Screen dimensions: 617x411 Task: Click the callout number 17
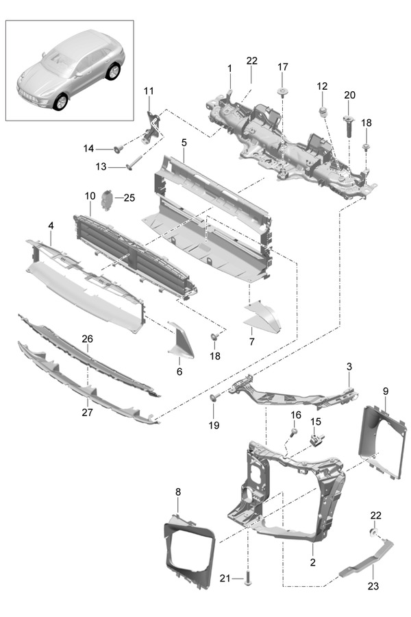[x=283, y=66]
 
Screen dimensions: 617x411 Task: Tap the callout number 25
[x=129, y=198]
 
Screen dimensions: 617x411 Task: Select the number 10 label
[x=90, y=196]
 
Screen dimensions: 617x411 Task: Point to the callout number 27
[x=87, y=413]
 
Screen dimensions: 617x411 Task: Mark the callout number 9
[x=386, y=391]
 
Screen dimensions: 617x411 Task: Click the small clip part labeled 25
[x=107, y=199]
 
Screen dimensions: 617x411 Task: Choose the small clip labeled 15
[x=316, y=439]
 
